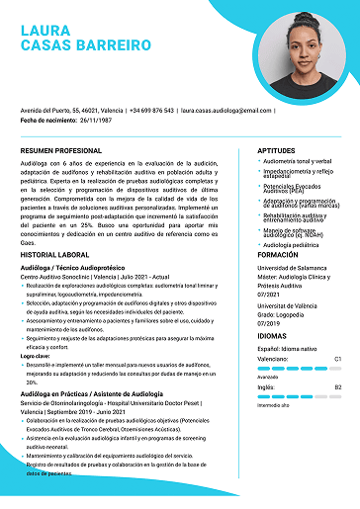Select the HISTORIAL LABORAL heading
(54, 255)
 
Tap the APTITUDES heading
(276, 150)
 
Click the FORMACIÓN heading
(278, 254)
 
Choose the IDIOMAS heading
(272, 337)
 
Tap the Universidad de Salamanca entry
(293, 268)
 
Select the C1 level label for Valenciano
(337, 359)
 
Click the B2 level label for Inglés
(337, 387)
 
